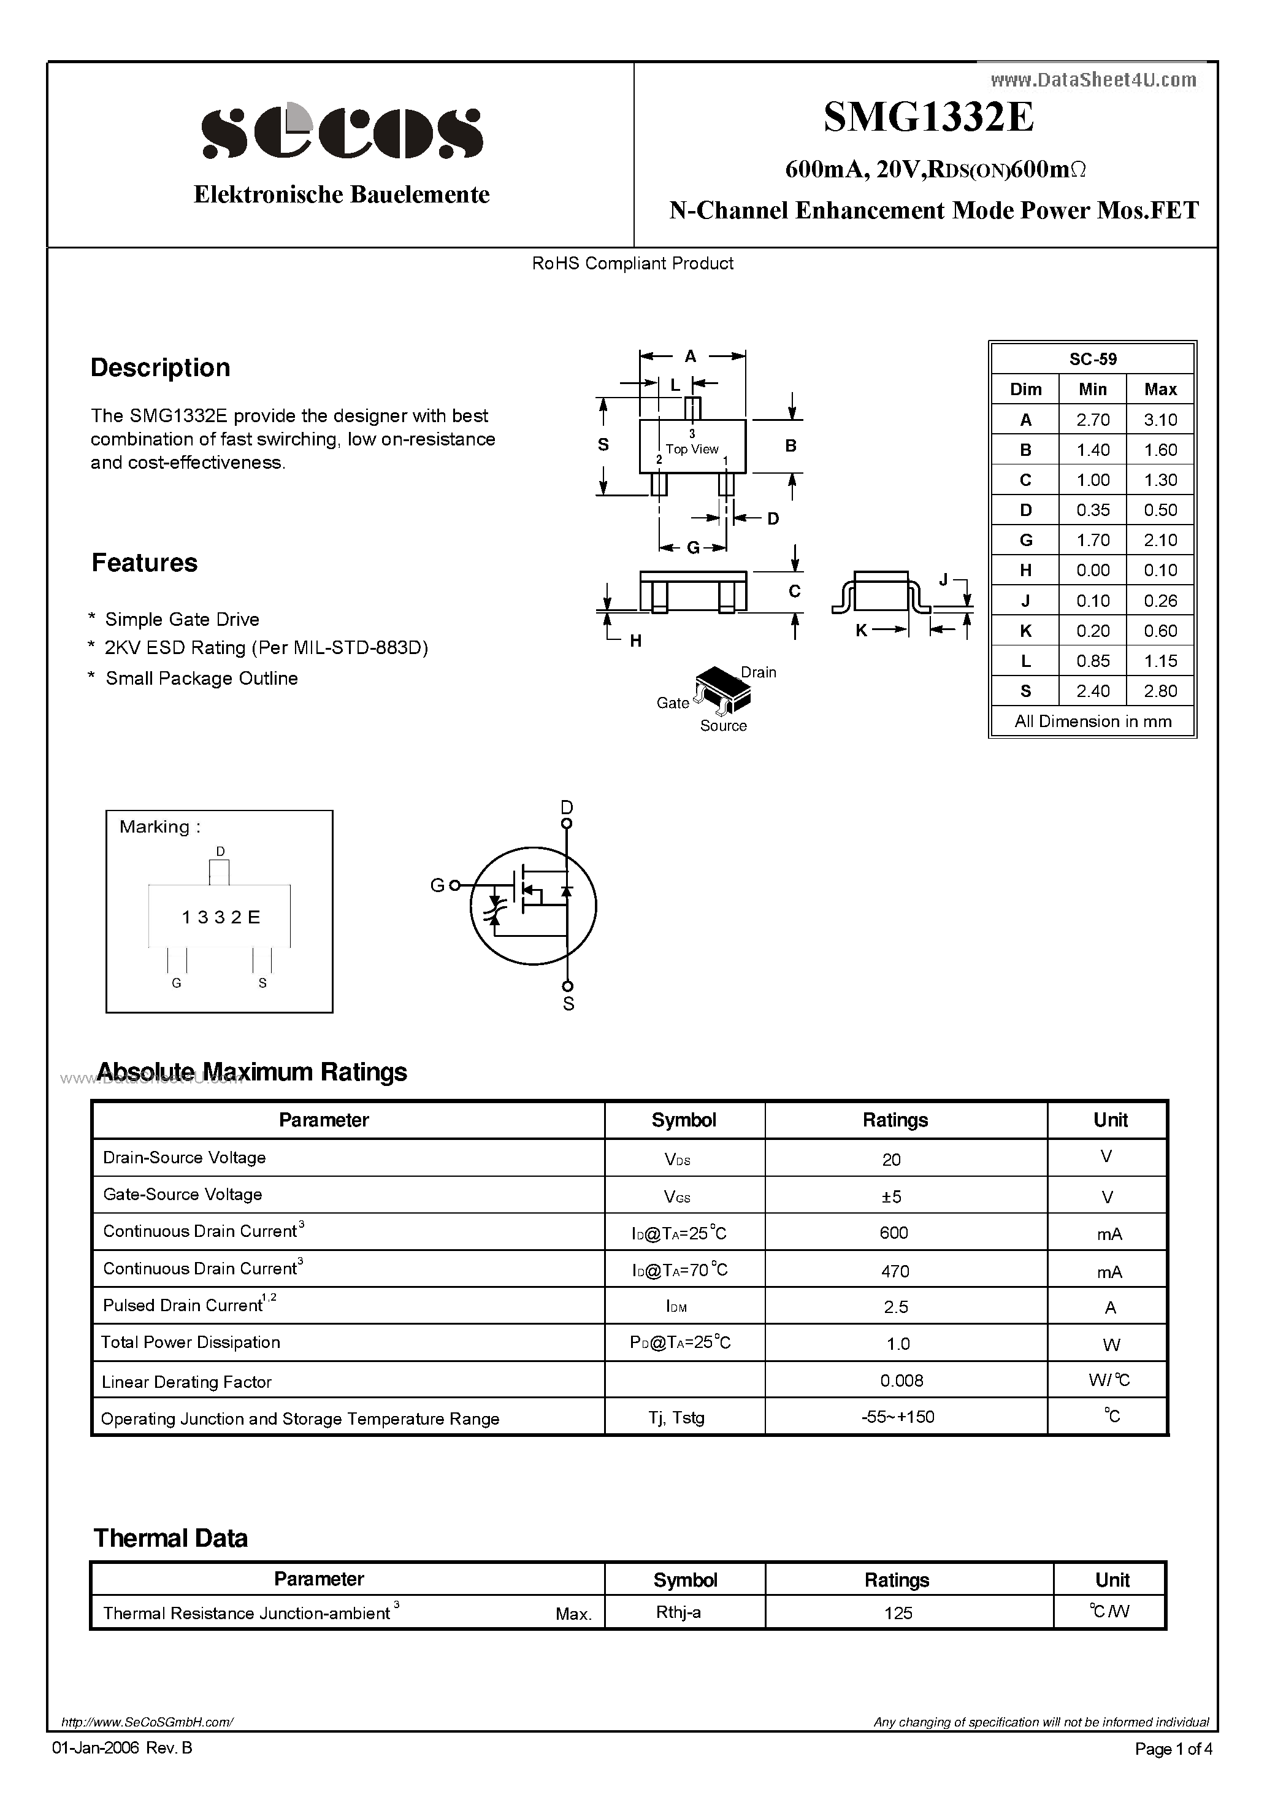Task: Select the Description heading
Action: [160, 368]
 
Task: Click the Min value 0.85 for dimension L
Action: [1092, 661]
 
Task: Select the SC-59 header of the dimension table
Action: [1092, 360]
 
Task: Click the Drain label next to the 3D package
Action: [758, 672]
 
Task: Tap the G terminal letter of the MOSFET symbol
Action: [437, 885]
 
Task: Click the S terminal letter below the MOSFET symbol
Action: [568, 1004]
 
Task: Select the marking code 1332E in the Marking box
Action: [220, 917]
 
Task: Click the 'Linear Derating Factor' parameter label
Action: [186, 1382]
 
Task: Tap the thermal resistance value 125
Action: [898, 1613]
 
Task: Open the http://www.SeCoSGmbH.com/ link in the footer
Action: [147, 1722]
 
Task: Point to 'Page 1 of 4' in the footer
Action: [1173, 1749]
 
